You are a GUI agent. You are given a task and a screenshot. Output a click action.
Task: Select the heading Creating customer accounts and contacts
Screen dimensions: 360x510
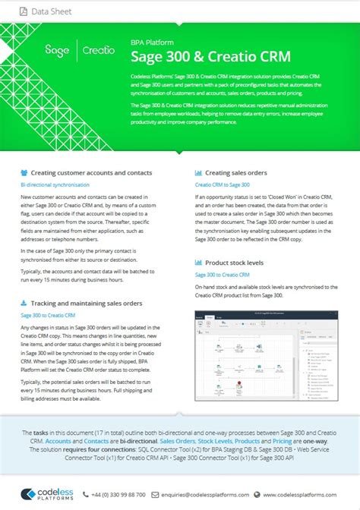[x=91, y=172]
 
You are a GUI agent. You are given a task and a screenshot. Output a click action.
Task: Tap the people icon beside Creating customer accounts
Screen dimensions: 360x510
[x=24, y=172]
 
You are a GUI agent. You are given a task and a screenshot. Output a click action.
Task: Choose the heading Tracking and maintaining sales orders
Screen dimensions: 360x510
[x=87, y=303]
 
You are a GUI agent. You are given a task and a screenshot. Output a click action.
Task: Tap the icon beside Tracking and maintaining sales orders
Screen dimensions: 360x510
[x=24, y=303]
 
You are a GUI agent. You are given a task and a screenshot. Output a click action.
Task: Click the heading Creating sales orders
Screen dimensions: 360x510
[x=237, y=172]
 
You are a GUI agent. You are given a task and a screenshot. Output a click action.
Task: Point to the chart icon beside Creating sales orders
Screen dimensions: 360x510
[x=198, y=172]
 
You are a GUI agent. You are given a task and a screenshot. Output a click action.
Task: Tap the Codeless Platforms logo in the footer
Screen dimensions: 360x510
[x=45, y=494]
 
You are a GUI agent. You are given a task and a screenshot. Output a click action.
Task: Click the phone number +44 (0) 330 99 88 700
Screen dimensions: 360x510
[x=120, y=494]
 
